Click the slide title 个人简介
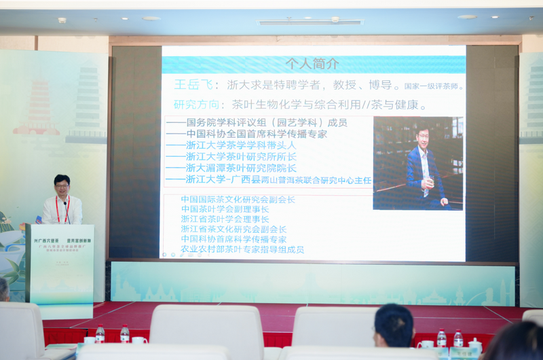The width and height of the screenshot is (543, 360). point(312,65)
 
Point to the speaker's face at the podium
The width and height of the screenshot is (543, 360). point(62,185)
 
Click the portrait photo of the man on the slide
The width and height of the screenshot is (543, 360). point(418,163)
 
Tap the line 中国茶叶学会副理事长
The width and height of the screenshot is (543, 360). point(225,209)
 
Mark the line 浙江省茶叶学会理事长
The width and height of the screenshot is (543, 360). point(225,219)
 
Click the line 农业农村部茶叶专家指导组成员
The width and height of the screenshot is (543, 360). point(242,249)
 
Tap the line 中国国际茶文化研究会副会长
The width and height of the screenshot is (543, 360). point(238,200)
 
